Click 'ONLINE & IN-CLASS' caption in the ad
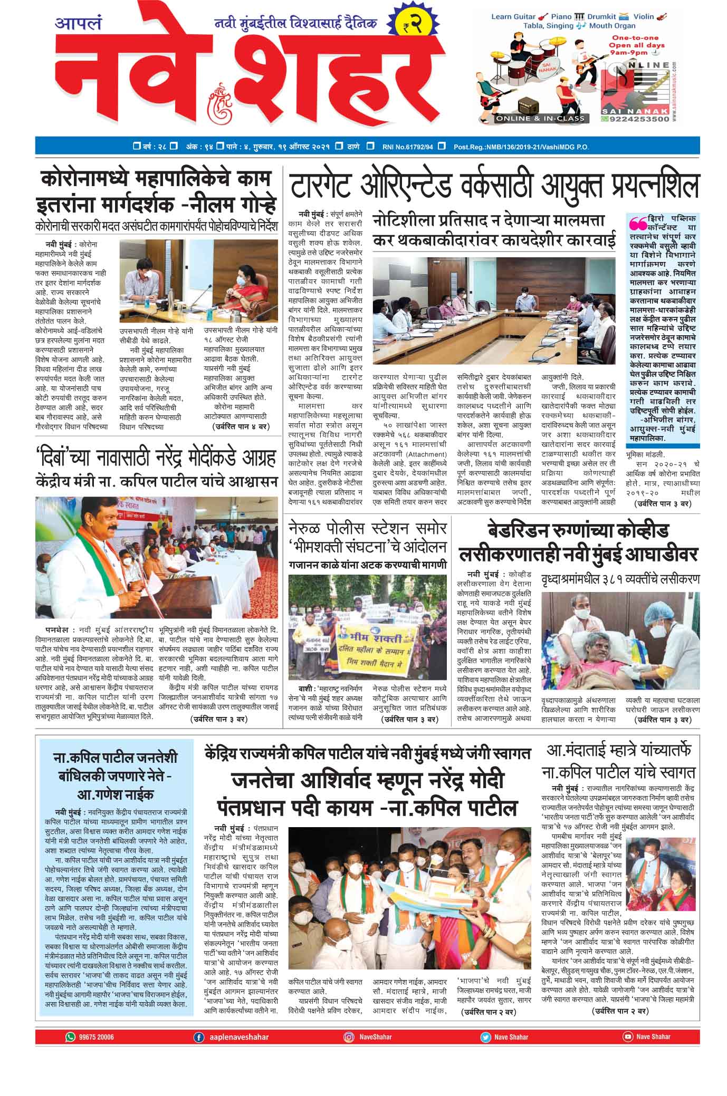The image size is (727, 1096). pos(540,119)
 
